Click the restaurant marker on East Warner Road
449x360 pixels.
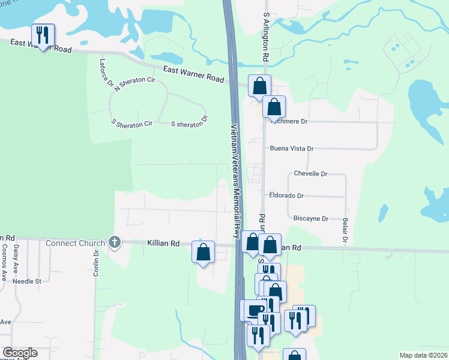click(43, 35)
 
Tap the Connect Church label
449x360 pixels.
click(78, 243)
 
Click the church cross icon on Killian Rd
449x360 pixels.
click(114, 243)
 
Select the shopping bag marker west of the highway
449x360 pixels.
click(203, 251)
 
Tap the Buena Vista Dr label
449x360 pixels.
click(292, 148)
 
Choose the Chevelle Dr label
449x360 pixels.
click(310, 174)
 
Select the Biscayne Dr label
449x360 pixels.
click(310, 219)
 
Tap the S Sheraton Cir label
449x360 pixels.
click(132, 122)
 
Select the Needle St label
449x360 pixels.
click(26, 281)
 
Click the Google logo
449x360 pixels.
click(20, 353)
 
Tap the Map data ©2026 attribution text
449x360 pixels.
click(423, 355)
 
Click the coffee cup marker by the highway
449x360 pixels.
click(254, 311)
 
